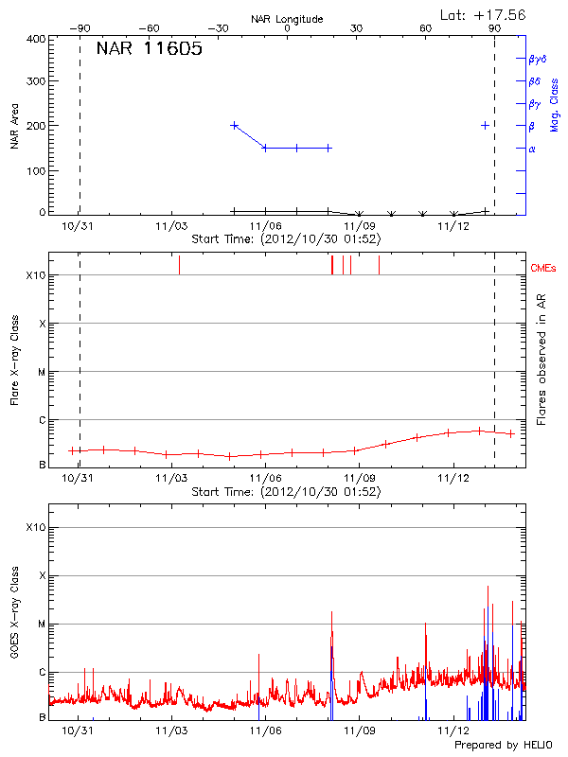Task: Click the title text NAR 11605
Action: pos(150,49)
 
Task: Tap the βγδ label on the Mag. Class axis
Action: pos(537,59)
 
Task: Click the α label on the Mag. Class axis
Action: pos(532,149)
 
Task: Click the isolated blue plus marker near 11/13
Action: pos(486,125)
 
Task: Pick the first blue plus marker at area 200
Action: pos(235,125)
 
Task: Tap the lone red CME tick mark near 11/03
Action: pos(179,265)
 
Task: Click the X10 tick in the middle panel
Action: pos(37,275)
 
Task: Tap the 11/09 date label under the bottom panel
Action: pos(359,731)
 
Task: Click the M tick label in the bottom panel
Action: pos(42,624)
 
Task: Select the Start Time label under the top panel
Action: pos(286,239)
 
